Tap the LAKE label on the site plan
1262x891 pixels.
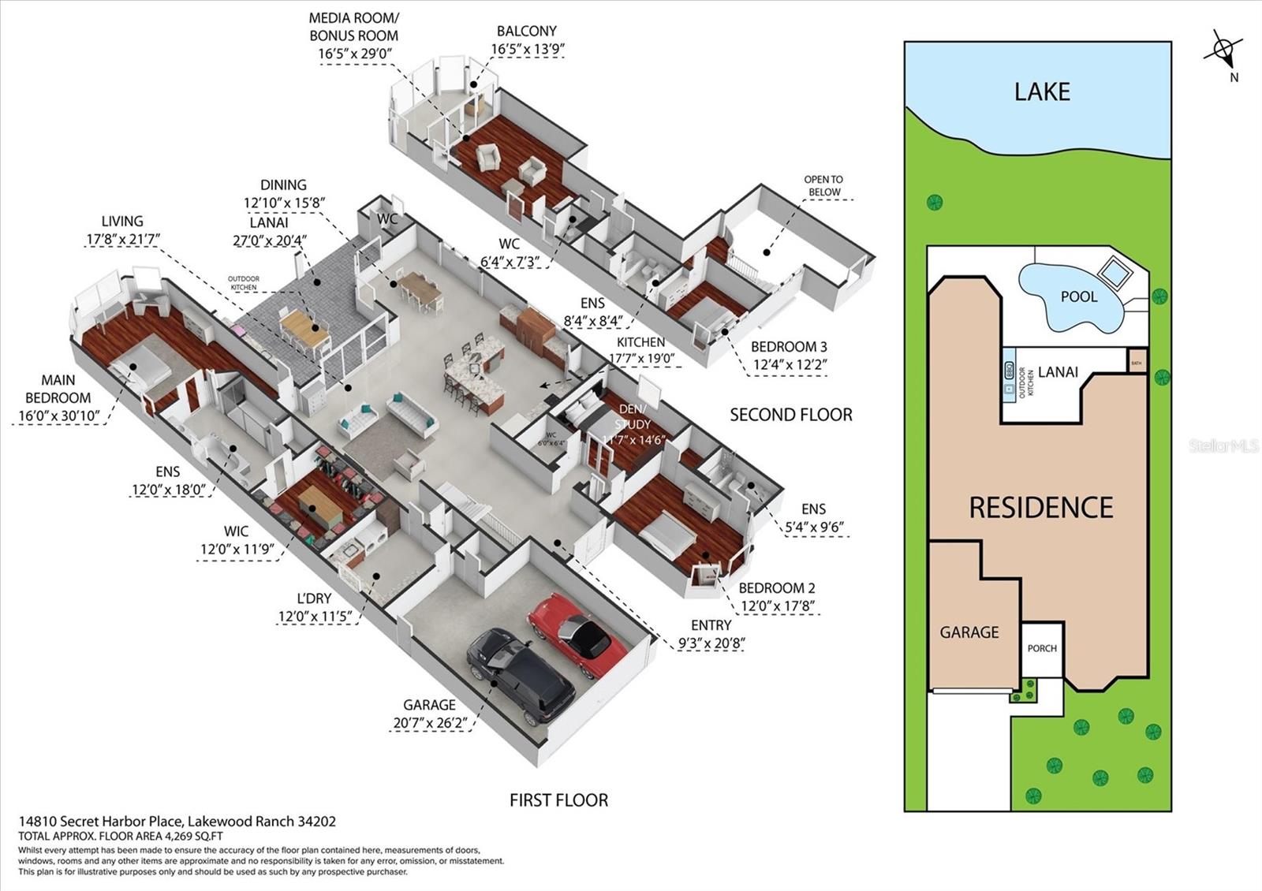click(x=1042, y=91)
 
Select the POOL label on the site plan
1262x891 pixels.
click(x=1078, y=296)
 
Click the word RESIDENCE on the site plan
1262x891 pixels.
click(x=1040, y=507)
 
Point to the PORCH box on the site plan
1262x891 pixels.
click(x=1042, y=648)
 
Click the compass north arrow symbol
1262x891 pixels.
click(x=1223, y=50)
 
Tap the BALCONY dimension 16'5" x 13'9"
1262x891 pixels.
click(x=527, y=49)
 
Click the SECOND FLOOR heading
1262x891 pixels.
click(x=790, y=415)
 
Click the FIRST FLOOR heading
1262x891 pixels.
click(x=558, y=800)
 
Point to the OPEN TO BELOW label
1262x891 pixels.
click(x=823, y=185)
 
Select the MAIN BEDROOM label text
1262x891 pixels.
click(x=58, y=390)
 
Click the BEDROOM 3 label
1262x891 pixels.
click(x=789, y=347)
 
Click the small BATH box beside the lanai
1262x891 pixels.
click(x=1137, y=362)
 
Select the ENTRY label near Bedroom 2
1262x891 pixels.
click(x=711, y=624)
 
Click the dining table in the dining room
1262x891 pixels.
click(x=419, y=286)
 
